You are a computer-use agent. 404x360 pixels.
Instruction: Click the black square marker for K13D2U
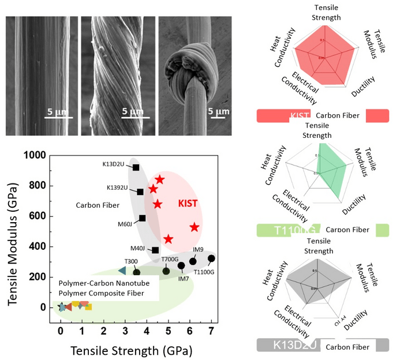(x=136, y=167)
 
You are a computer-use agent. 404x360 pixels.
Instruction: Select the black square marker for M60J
(x=143, y=218)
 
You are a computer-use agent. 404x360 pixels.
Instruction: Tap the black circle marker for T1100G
(x=211, y=258)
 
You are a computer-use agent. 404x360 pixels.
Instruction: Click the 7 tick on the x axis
(x=211, y=331)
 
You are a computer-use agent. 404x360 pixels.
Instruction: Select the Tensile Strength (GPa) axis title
(x=131, y=350)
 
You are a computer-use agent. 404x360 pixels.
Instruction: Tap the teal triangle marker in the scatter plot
(x=122, y=270)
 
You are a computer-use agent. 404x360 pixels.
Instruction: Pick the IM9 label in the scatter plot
(x=198, y=250)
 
